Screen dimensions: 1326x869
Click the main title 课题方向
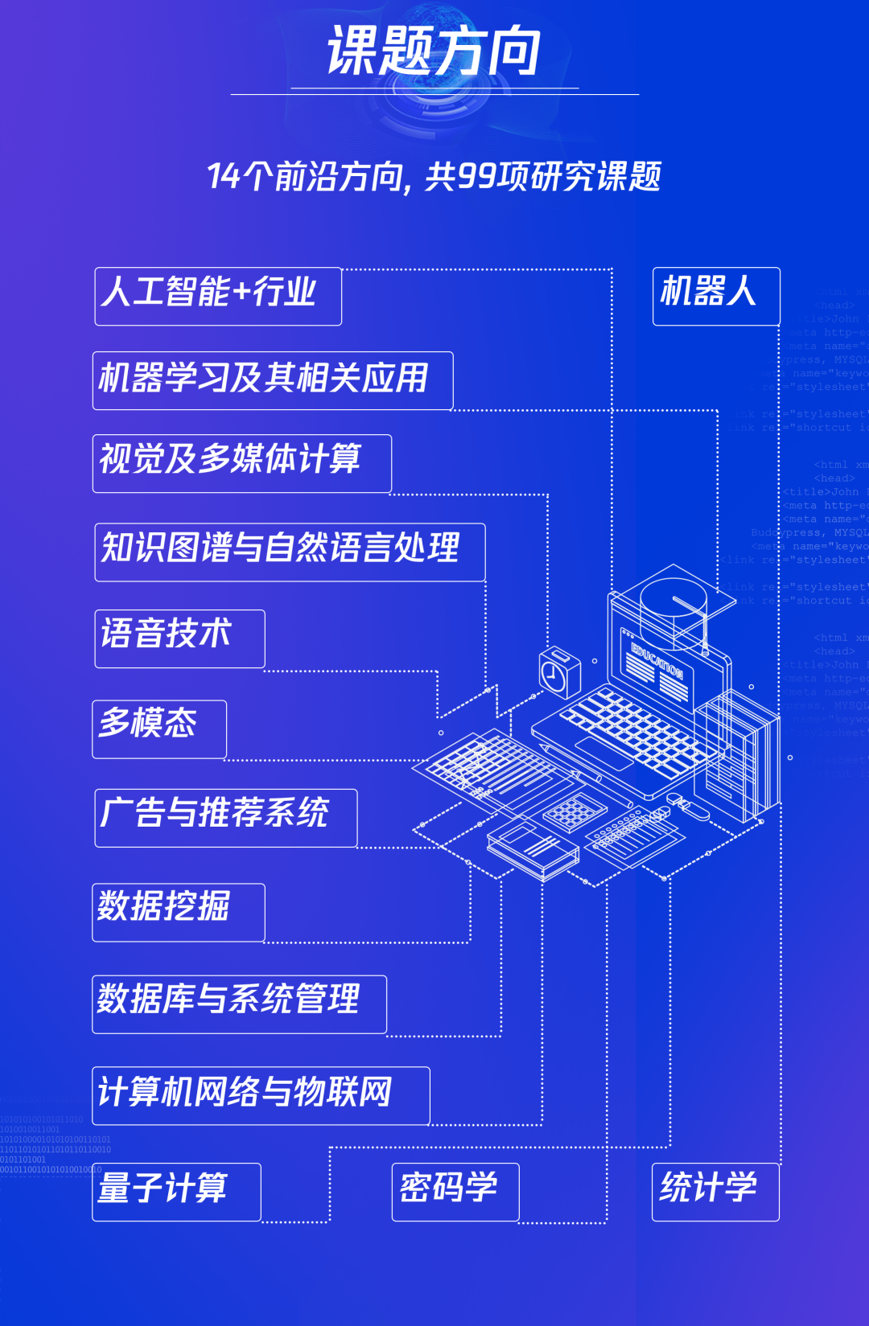point(434,51)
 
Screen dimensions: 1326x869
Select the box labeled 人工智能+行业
point(217,296)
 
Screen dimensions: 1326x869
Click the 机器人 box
point(715,296)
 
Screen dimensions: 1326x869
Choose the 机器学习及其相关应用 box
point(272,380)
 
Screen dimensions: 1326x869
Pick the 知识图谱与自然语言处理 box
point(289,552)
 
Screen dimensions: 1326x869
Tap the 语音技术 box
point(179,638)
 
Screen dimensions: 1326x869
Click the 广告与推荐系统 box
point(225,818)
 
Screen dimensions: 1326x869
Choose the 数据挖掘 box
point(178,912)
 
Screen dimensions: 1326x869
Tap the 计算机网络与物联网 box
point(260,1095)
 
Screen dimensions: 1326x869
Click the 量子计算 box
point(175,1192)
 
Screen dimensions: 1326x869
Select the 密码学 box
point(455,1192)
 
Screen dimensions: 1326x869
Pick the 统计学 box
point(715,1192)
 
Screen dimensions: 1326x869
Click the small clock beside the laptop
point(559,672)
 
